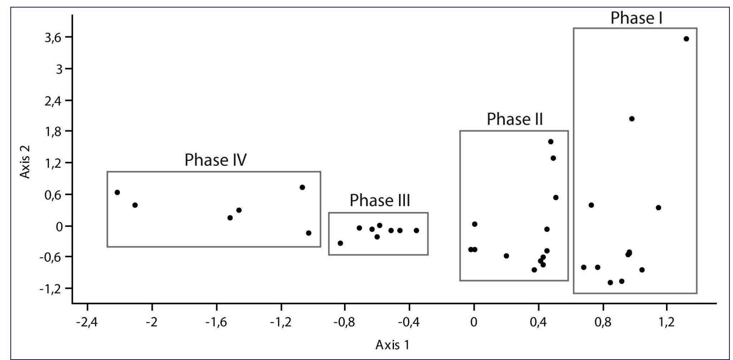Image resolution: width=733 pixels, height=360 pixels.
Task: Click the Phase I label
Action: tap(636, 18)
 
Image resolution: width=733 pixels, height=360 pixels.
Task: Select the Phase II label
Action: tap(515, 119)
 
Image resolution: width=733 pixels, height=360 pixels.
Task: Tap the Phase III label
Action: tap(380, 200)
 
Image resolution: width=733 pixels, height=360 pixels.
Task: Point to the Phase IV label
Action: tap(215, 160)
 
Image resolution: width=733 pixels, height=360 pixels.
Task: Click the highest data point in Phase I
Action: tap(686, 39)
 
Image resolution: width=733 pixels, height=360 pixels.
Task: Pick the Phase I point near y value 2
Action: tap(632, 119)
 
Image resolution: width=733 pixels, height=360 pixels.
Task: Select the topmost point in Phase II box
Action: tap(550, 141)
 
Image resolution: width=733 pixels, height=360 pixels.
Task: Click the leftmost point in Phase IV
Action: tap(117, 192)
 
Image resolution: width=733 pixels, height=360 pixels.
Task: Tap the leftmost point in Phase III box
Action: tap(340, 243)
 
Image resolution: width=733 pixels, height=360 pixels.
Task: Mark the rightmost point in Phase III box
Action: tap(416, 230)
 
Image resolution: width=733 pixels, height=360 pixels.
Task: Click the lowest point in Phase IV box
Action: tap(309, 233)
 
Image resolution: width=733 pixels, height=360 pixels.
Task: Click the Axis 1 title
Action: tap(392, 345)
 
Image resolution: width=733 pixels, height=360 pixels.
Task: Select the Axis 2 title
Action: tap(25, 162)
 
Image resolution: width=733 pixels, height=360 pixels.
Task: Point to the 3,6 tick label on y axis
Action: tap(52, 38)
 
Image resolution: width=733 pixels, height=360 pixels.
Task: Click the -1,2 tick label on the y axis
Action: tap(50, 289)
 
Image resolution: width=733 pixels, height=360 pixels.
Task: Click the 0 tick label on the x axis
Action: tap(474, 322)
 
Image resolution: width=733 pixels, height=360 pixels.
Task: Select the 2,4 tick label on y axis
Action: tap(52, 100)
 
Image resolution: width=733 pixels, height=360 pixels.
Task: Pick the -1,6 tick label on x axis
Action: tap(216, 322)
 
